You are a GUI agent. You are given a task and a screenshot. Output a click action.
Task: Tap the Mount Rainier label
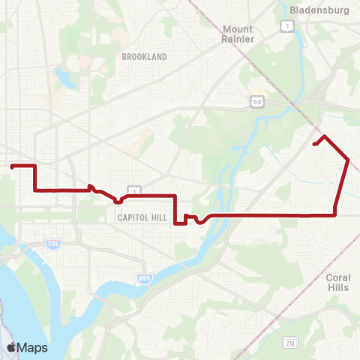238,34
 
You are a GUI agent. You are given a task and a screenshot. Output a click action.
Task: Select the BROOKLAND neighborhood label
141,56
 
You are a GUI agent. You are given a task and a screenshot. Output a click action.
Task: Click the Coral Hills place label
338,282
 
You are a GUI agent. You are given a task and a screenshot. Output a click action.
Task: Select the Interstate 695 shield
144,279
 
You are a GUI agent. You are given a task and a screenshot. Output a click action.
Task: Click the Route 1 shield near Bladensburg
286,26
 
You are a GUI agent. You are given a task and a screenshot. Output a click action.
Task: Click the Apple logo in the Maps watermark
11,347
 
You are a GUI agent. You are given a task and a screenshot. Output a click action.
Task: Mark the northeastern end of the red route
314,144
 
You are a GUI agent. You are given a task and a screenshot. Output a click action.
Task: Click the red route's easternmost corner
348,159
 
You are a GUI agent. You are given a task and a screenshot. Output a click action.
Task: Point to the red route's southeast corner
334,214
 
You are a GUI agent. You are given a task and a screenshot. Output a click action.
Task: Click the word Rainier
238,39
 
